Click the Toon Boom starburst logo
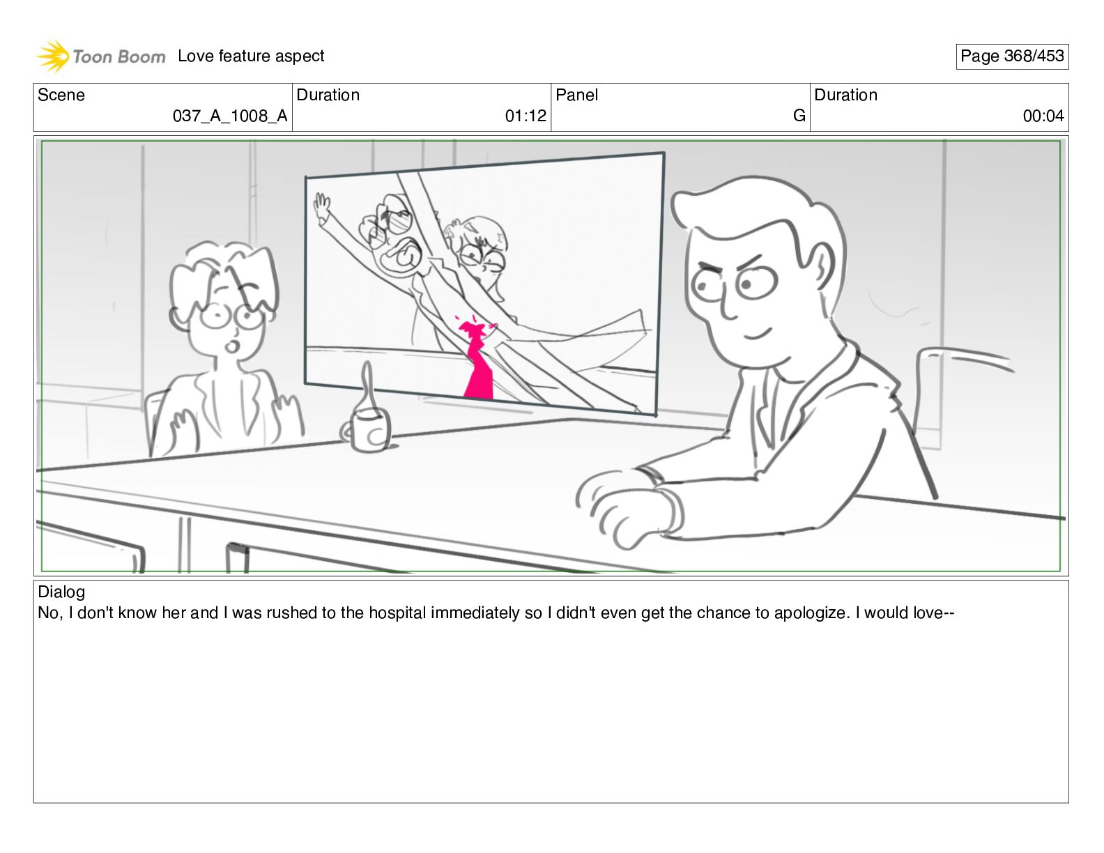(x=53, y=56)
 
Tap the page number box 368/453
(x=1011, y=56)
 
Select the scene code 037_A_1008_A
(x=230, y=116)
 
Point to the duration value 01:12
(x=526, y=116)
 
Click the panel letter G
(x=799, y=116)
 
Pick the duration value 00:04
(x=1043, y=116)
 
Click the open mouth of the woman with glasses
(x=232, y=346)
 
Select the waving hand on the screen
(x=321, y=207)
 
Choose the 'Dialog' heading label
(x=61, y=592)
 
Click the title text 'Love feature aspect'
(x=251, y=56)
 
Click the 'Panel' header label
(x=576, y=95)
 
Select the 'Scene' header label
(x=61, y=95)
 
